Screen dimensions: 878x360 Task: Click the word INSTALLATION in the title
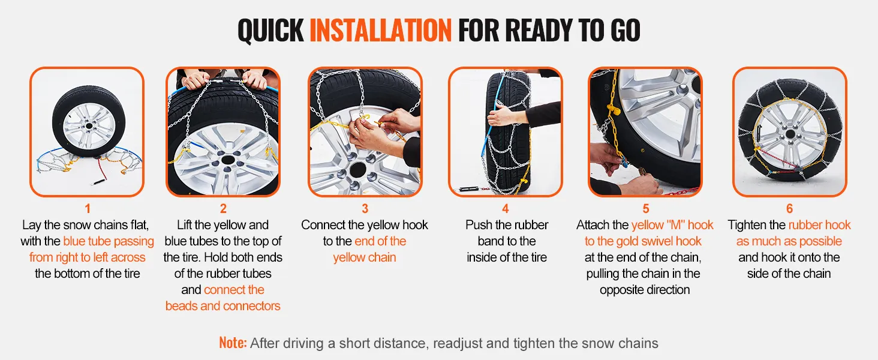(381, 30)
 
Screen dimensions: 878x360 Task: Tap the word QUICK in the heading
(271, 30)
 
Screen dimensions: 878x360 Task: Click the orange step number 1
(88, 209)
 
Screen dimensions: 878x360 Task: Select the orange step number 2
(223, 209)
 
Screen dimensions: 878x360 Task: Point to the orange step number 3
(365, 209)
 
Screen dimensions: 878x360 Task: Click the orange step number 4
(506, 209)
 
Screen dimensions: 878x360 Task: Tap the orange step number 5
(645, 209)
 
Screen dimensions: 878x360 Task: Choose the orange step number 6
(789, 209)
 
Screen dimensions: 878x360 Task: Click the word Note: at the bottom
(233, 343)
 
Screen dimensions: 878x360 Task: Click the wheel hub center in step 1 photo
(89, 126)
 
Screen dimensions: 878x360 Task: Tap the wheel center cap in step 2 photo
(228, 160)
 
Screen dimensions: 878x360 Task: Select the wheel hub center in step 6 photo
(790, 134)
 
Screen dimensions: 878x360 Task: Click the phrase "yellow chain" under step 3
(365, 257)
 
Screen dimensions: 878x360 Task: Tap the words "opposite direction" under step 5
(645, 290)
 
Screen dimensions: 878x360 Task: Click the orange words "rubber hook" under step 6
(820, 225)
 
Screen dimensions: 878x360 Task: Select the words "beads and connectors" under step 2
(222, 306)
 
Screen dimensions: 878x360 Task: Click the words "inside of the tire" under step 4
(507, 257)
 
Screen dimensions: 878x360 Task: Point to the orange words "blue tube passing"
(109, 241)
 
